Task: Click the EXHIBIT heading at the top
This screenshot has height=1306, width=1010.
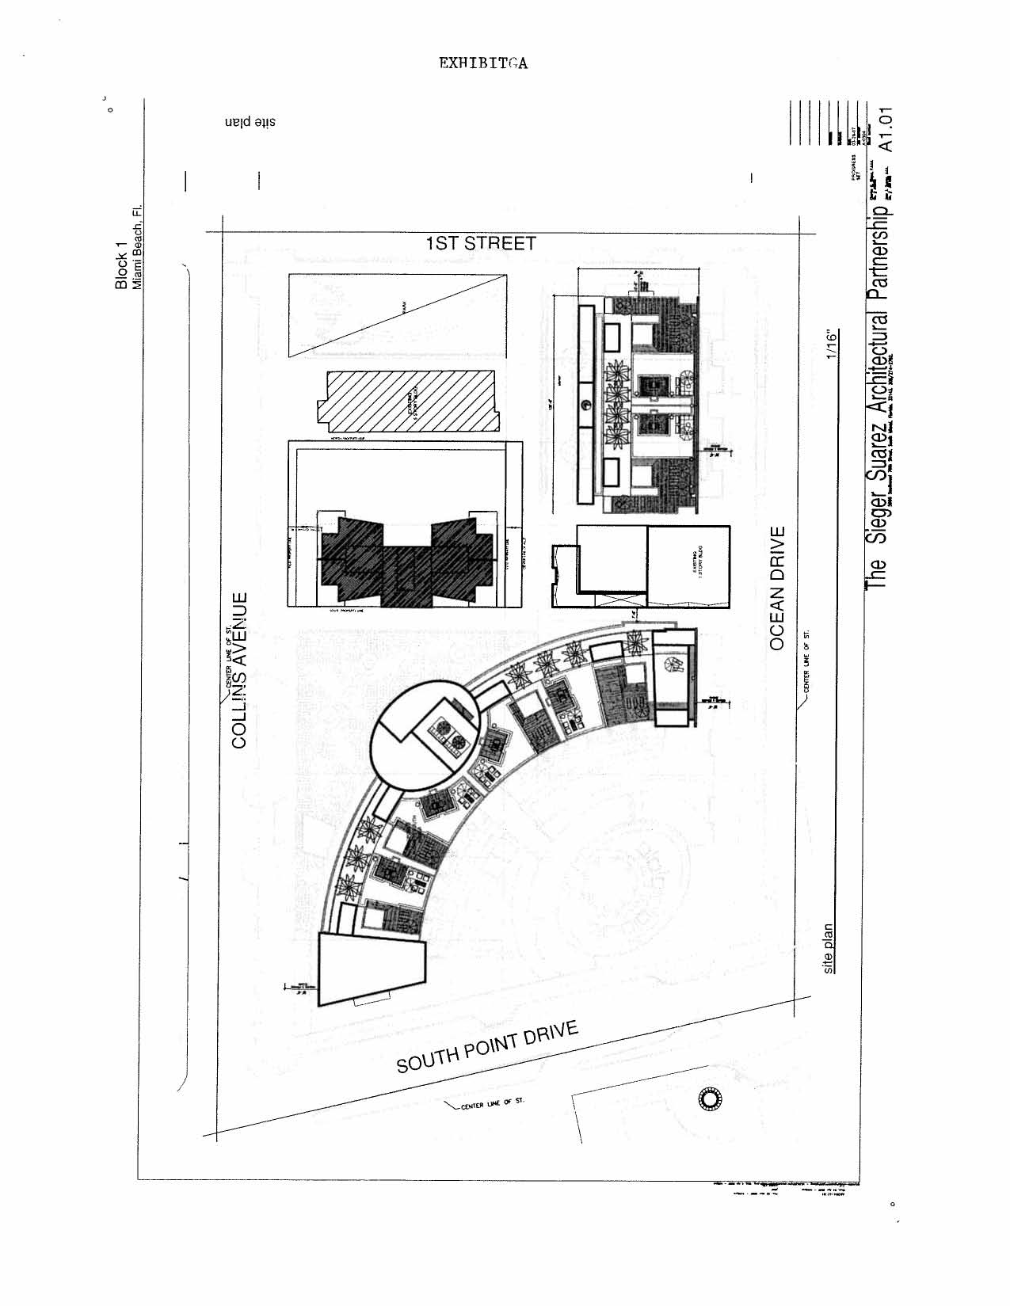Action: [483, 64]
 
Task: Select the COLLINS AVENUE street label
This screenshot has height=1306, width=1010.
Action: [240, 670]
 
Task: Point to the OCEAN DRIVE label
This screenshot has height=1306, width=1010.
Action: [777, 588]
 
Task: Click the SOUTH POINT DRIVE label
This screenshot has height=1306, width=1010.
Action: [487, 1047]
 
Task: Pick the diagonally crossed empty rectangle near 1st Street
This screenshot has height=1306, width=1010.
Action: [397, 317]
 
